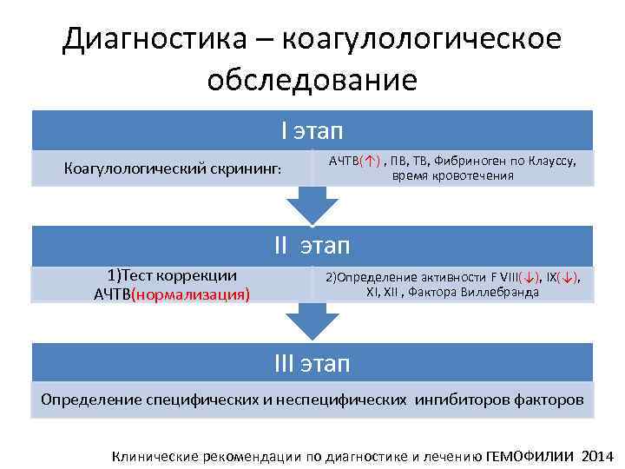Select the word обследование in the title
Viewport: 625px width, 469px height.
tap(312, 80)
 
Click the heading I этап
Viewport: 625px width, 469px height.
tap(312, 131)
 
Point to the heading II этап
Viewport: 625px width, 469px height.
tap(312, 246)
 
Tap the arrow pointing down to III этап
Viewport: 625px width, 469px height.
tap(312, 322)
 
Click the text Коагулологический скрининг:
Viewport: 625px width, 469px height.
tap(174, 168)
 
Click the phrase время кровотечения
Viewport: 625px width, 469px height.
tap(452, 175)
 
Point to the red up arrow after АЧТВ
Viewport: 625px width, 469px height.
tap(371, 161)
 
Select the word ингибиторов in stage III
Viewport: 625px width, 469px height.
tap(460, 400)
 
